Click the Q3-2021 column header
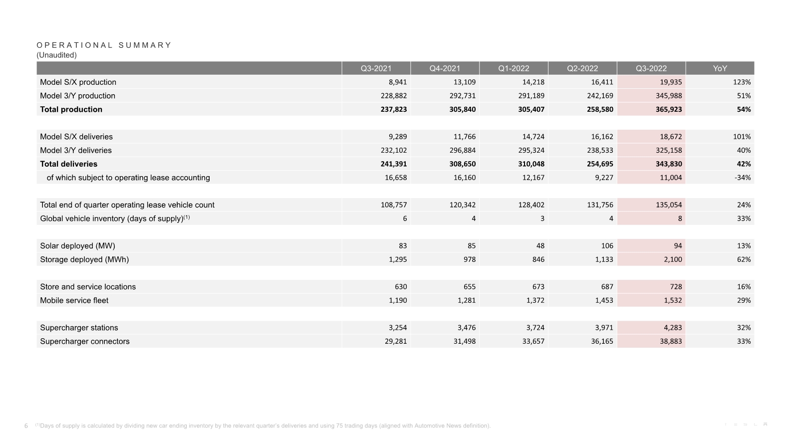pyautogui.click(x=376, y=68)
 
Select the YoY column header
pyautogui.click(x=720, y=68)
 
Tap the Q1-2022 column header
pyautogui.click(x=514, y=68)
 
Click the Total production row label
pyautogui.click(x=71, y=109)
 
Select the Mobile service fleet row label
pyautogui.click(x=74, y=300)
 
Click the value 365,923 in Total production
pyautogui.click(x=668, y=109)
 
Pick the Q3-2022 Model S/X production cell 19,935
pyautogui.click(x=670, y=82)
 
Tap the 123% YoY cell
pyautogui.click(x=742, y=82)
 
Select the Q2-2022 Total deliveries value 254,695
pyautogui.click(x=600, y=164)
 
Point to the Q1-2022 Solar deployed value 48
pyautogui.click(x=540, y=246)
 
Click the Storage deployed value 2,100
pyautogui.click(x=672, y=259)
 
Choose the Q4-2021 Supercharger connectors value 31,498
pyautogui.click(x=464, y=341)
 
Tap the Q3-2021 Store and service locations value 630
pyautogui.click(x=400, y=287)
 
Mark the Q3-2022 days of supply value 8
pyautogui.click(x=679, y=219)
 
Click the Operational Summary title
pyautogui.click(x=104, y=45)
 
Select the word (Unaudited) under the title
pyautogui.click(x=56, y=55)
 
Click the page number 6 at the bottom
pyautogui.click(x=26, y=426)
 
